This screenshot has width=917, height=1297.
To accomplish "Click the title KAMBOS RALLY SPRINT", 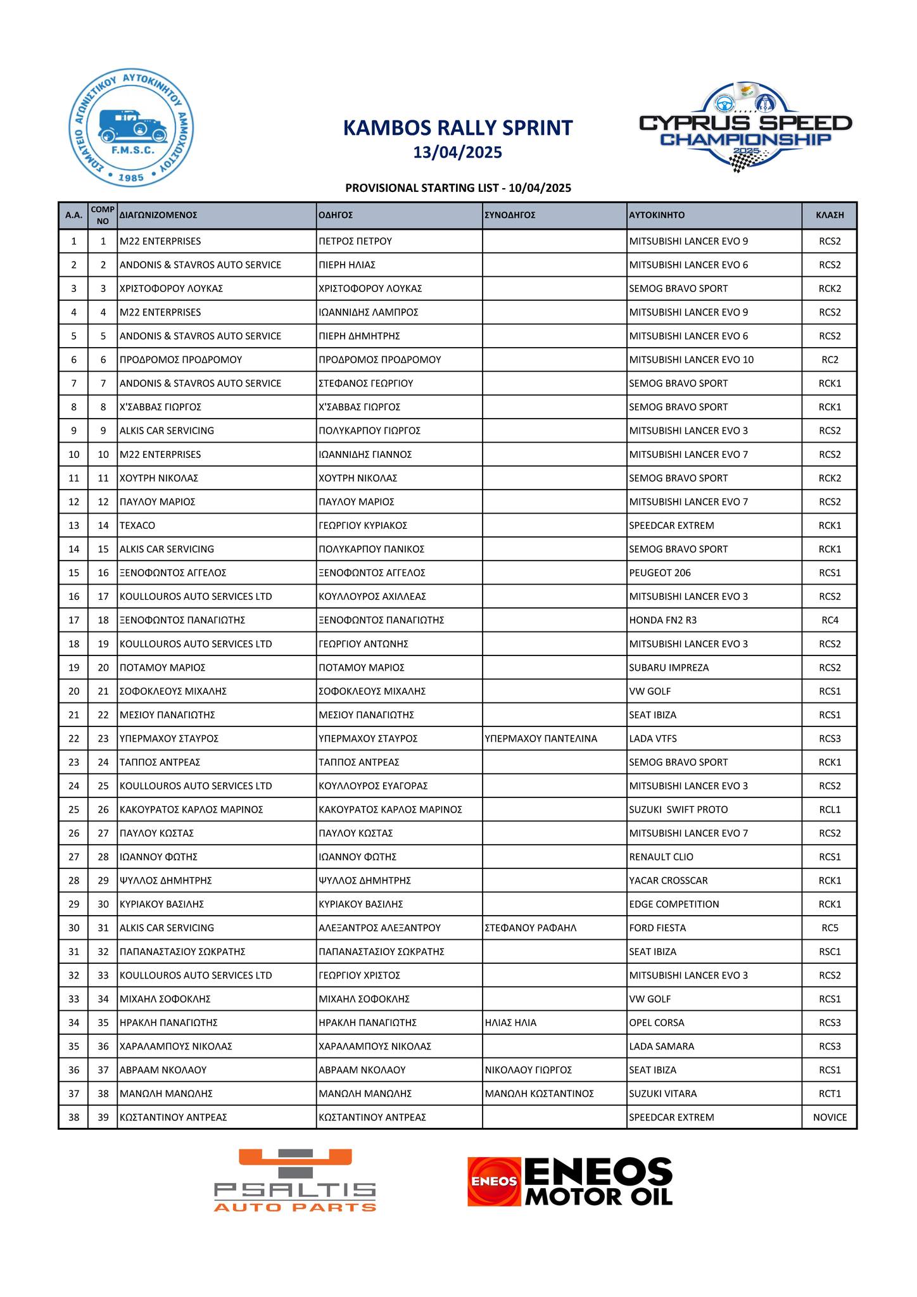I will click(457, 128).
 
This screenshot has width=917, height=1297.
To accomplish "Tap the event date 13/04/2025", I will click(457, 153).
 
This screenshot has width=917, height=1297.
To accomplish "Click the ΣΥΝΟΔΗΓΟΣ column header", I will click(510, 215).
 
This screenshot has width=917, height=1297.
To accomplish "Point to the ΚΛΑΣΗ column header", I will click(830, 215).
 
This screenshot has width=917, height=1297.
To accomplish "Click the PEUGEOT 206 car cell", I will click(660, 573).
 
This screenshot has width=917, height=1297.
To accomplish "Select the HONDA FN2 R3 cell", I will click(662, 621).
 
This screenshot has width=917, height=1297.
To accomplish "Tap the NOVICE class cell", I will click(830, 1118).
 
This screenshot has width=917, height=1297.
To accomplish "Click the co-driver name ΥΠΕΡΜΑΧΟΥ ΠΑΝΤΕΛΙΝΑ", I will click(540, 739).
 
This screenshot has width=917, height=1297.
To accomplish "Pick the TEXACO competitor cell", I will click(137, 526).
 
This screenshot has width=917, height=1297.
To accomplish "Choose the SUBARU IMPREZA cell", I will click(669, 668).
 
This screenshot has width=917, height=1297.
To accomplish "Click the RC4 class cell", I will click(830, 621).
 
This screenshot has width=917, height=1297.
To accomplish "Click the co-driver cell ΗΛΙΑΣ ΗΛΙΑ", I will click(510, 1023).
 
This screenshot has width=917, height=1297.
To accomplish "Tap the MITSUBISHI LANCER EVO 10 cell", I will click(691, 360).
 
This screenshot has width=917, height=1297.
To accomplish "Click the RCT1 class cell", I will click(830, 1094).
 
